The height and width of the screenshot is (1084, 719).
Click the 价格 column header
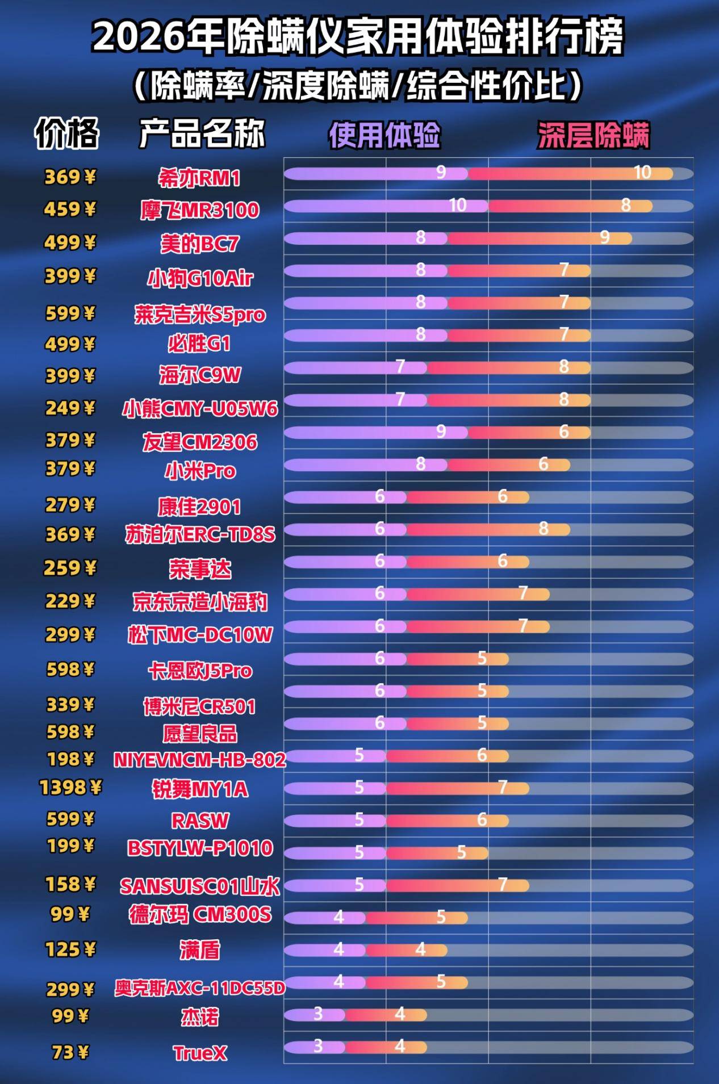(67, 133)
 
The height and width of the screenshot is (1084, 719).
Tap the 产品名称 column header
(202, 133)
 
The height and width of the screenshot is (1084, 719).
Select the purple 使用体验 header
(384, 135)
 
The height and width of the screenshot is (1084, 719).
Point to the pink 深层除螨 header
(593, 135)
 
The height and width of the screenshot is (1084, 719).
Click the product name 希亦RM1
(199, 178)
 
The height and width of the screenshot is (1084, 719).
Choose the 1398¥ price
(70, 788)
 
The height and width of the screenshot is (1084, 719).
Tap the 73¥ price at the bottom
(70, 1052)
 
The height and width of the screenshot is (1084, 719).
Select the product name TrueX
(200, 1053)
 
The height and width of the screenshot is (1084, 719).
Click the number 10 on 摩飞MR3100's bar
(458, 205)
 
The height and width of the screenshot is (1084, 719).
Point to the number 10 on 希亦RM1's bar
(642, 172)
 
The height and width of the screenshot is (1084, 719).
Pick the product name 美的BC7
(200, 244)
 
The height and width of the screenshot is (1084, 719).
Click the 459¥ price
(70, 210)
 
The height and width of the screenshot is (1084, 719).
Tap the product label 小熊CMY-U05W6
(200, 408)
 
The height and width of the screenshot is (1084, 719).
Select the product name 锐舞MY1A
(200, 789)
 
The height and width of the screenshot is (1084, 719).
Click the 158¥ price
(70, 884)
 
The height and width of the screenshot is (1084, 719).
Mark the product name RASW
(200, 821)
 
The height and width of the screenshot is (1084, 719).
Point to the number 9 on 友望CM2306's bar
(441, 432)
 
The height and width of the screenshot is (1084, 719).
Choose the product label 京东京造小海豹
(200, 602)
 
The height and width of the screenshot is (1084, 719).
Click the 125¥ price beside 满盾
(70, 949)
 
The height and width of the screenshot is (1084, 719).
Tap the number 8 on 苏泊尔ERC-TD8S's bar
(544, 529)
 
